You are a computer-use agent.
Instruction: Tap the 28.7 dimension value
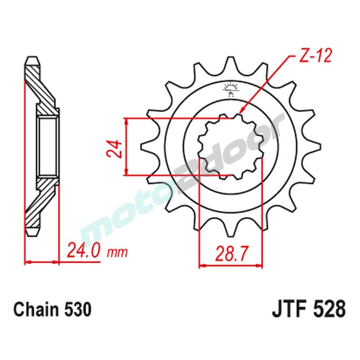click(231, 255)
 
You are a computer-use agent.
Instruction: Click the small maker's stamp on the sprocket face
click(230, 89)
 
